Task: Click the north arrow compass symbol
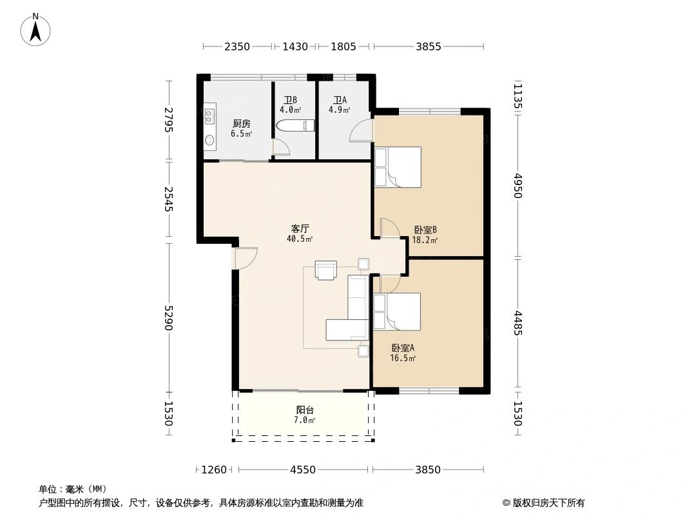click(35, 30)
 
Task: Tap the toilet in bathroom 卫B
click(296, 125)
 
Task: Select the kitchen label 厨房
click(242, 124)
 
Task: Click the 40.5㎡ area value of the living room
click(300, 239)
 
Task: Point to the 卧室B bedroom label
click(425, 230)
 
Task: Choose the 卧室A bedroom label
click(403, 348)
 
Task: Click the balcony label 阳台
click(305, 410)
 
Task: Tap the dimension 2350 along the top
click(237, 46)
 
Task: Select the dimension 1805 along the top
click(343, 46)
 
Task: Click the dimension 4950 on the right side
click(518, 186)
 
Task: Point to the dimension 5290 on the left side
click(169, 318)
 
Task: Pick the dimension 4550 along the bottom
click(303, 470)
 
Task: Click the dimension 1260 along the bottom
click(214, 470)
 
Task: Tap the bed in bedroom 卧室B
click(398, 167)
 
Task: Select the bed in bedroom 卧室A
click(397, 312)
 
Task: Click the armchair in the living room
click(326, 270)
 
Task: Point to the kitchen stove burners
click(209, 115)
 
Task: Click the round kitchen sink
click(210, 140)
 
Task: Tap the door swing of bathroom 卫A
click(361, 130)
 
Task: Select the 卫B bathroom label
click(290, 101)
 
